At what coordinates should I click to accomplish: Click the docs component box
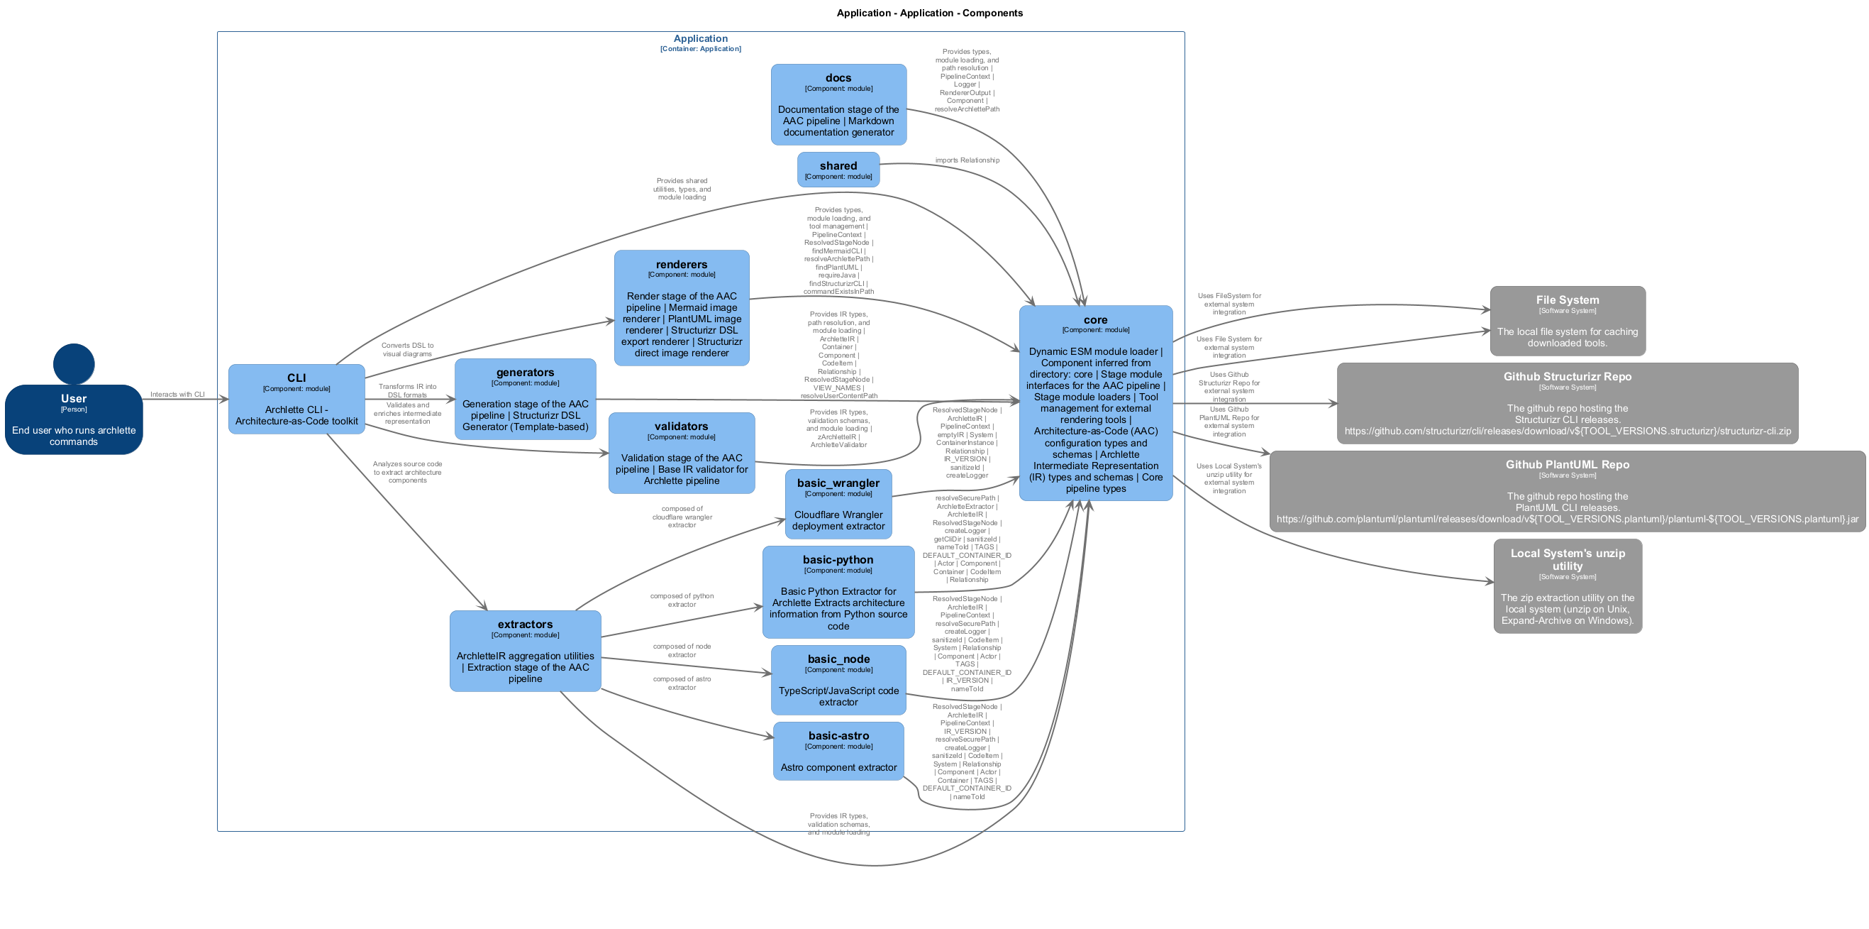tap(838, 104)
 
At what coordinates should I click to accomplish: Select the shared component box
tap(838, 170)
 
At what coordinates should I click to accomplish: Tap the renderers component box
tap(682, 308)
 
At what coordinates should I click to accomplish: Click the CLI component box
tap(296, 399)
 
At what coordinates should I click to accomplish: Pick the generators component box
tap(525, 399)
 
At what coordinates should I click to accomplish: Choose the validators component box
tap(682, 453)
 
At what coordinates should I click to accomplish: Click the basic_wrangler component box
tap(838, 504)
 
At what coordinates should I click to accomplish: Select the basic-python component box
tap(838, 591)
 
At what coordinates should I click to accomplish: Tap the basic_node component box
tap(838, 680)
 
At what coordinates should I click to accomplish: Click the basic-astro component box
tap(838, 750)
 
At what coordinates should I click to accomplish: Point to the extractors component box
tap(525, 650)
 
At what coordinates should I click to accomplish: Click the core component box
tap(1095, 403)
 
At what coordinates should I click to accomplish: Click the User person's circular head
tap(73, 363)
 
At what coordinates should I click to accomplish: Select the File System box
tap(1567, 321)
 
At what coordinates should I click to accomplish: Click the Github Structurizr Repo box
tap(1567, 403)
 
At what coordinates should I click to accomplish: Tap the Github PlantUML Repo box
tap(1567, 491)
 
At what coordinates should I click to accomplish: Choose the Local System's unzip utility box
tap(1567, 586)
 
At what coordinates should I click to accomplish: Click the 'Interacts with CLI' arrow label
tap(177, 395)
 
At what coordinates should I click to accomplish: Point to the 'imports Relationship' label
tap(967, 160)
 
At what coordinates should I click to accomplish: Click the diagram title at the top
tap(929, 13)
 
